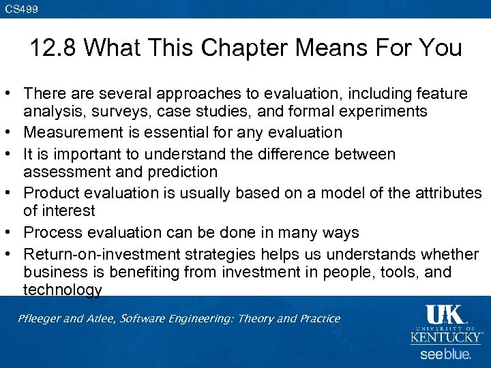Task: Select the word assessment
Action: click(x=67, y=172)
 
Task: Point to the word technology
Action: click(x=63, y=290)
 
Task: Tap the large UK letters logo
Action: click(x=445, y=315)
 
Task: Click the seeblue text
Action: click(x=445, y=354)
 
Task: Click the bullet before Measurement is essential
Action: click(x=12, y=132)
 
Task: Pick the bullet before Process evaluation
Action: click(x=12, y=232)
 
